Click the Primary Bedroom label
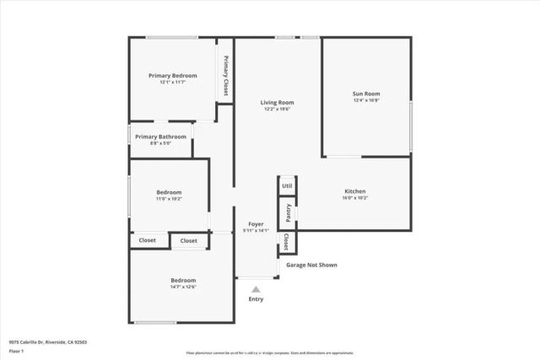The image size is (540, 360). coord(172,75)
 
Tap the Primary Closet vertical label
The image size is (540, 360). coord(226,75)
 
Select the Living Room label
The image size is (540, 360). coord(278,102)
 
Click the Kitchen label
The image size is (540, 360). coord(354,191)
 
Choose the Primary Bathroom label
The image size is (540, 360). coord(160,137)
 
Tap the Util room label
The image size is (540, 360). coord(287,185)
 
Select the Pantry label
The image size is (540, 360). coord(288,212)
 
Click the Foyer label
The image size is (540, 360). coord(255,223)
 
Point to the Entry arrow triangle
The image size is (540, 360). coord(256,289)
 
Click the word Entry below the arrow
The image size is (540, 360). coord(256,299)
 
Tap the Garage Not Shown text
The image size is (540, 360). coord(311,265)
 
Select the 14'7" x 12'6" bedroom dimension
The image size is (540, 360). coord(183,287)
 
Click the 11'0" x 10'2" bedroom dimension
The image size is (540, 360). coord(169,199)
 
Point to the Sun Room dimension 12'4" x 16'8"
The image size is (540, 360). coord(365,100)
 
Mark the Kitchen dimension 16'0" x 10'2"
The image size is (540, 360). coord(354,199)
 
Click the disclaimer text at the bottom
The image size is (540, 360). coord(269,353)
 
